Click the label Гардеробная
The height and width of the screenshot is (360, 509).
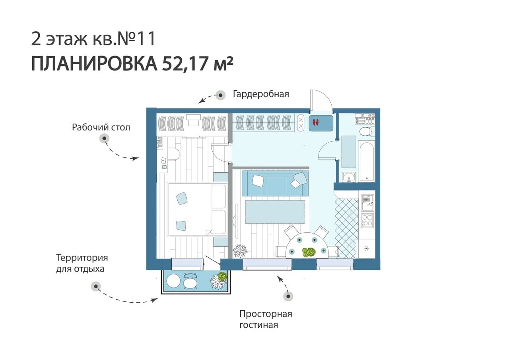click(x=261, y=94)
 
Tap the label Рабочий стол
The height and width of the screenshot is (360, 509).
click(x=101, y=128)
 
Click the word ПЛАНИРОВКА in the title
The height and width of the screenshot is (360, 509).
click(x=94, y=64)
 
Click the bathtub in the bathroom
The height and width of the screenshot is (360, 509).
click(x=366, y=162)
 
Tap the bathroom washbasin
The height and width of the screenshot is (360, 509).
click(x=349, y=177)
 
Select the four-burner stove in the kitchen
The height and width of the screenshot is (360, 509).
click(x=367, y=220)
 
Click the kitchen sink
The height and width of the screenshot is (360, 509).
click(x=367, y=202)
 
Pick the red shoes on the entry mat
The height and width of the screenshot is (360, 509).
click(x=316, y=123)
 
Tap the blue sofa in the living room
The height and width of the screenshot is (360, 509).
click(x=275, y=183)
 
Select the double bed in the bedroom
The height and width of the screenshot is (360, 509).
click(x=197, y=209)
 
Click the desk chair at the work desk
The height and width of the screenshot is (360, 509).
click(x=174, y=154)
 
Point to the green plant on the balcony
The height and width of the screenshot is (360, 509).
click(x=222, y=276)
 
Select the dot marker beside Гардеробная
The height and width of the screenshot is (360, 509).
click(x=220, y=95)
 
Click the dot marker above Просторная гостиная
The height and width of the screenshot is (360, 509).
click(x=288, y=296)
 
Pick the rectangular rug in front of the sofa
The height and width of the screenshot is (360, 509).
click(x=275, y=212)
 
